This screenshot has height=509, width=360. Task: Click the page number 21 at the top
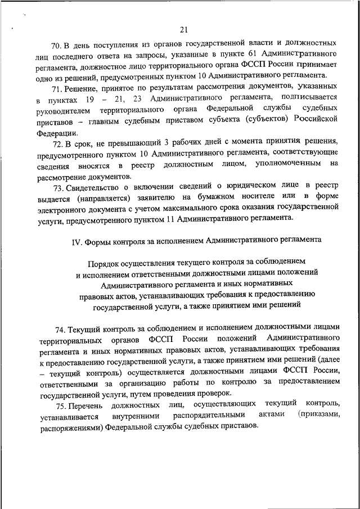pos(183,30)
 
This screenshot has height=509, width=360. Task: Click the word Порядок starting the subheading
pos(106,263)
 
